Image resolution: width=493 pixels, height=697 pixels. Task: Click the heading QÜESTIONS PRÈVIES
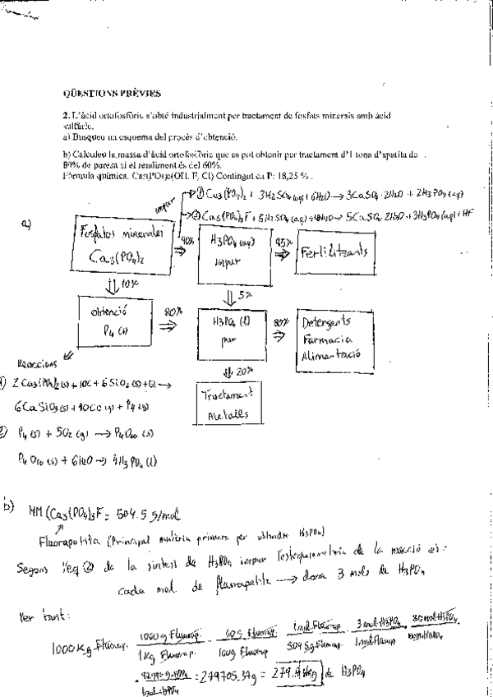(113, 94)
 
